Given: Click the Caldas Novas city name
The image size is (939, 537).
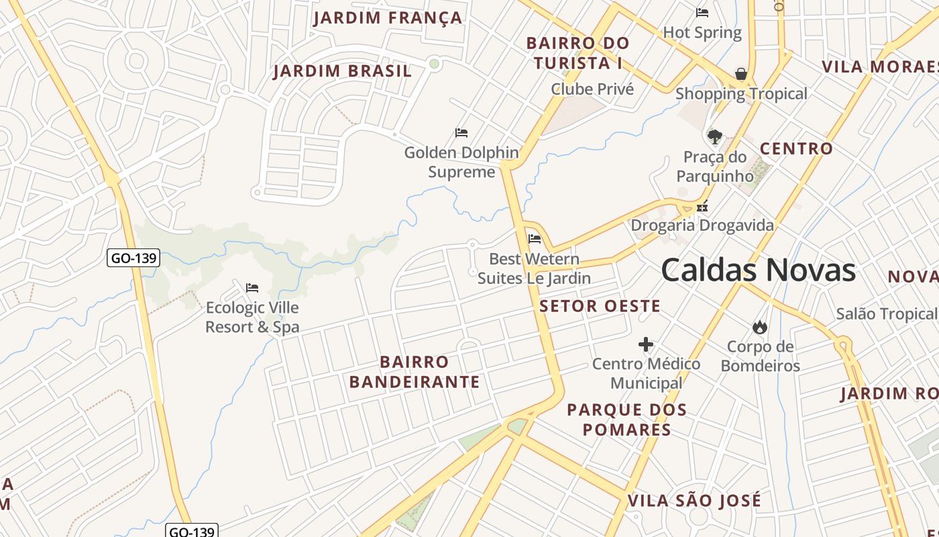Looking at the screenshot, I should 758,270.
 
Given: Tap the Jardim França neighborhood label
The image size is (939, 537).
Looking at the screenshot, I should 388,18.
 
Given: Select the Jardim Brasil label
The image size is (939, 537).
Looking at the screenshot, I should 342,71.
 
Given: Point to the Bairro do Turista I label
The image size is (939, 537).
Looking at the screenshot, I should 577,53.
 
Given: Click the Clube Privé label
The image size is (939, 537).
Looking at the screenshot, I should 592,89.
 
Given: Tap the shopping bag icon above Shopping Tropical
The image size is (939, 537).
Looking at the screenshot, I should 741,74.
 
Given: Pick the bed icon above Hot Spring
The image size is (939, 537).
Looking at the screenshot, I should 702,13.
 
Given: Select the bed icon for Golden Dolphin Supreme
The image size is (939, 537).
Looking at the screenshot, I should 461,133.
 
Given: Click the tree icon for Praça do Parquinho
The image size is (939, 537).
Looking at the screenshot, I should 715,137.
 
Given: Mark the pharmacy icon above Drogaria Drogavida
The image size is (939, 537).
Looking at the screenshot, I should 702,207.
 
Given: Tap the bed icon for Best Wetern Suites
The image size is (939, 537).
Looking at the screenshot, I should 535,238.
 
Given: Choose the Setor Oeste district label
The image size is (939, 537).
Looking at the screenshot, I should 600,306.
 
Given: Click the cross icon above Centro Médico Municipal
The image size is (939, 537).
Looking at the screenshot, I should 646,344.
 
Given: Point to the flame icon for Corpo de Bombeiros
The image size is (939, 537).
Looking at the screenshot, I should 759,327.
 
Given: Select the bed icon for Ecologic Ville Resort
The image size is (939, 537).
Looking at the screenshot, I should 252,288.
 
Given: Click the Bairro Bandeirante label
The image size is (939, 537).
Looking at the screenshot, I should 415,372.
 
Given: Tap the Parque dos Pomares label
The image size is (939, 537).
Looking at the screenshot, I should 626,420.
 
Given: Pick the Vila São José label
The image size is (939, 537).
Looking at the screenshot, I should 694,501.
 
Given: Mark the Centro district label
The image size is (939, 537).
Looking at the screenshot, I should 796,148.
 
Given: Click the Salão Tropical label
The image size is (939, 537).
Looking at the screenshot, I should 887,313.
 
